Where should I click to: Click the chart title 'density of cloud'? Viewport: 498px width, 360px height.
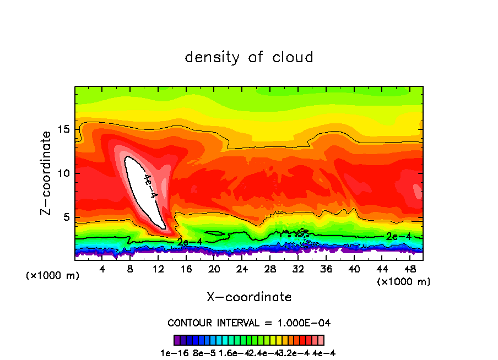(x=249, y=57)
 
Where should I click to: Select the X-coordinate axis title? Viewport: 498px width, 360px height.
(x=249, y=297)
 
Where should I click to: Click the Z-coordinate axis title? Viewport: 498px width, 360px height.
(x=46, y=173)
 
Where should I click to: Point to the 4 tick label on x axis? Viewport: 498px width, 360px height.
(x=102, y=269)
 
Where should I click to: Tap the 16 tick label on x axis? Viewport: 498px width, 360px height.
(x=186, y=269)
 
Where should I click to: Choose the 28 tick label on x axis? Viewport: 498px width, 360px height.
(x=270, y=269)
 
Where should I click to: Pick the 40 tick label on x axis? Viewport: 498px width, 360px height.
(x=354, y=269)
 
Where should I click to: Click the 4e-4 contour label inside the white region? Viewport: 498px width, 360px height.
(x=150, y=187)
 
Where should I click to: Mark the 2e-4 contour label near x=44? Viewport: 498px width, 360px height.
(x=398, y=236)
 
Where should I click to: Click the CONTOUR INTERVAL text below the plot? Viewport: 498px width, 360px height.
(x=249, y=323)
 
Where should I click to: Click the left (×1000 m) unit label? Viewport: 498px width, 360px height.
(x=53, y=276)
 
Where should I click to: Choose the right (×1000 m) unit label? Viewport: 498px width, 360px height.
(x=404, y=281)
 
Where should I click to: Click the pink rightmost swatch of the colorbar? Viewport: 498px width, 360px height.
(x=321, y=340)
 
